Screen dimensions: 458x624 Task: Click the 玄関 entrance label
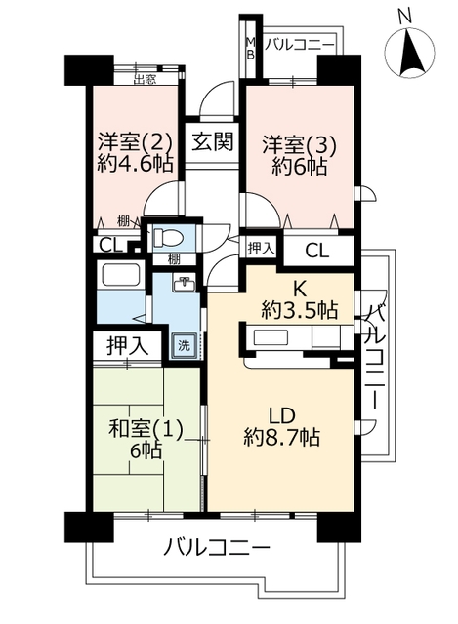pyautogui.click(x=213, y=141)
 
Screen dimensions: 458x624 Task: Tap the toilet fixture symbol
pyautogui.click(x=168, y=238)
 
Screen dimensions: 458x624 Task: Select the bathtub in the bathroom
pyautogui.click(x=121, y=275)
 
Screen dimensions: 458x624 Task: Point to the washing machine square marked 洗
pyautogui.click(x=184, y=346)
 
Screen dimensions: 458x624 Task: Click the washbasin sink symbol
pyautogui.click(x=185, y=284)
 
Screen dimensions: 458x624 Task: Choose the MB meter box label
pyautogui.click(x=250, y=48)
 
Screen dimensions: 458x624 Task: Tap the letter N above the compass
pyautogui.click(x=405, y=17)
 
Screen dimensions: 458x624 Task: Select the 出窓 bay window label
pyautogui.click(x=145, y=80)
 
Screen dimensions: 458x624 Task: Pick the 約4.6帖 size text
pyautogui.click(x=135, y=163)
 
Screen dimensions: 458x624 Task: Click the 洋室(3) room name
pyautogui.click(x=300, y=145)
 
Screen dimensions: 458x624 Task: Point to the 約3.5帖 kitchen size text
pyautogui.click(x=300, y=310)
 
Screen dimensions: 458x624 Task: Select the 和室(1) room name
pyautogui.click(x=146, y=430)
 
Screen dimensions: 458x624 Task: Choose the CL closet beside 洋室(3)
pyautogui.click(x=317, y=252)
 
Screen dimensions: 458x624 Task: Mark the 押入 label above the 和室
pyautogui.click(x=128, y=345)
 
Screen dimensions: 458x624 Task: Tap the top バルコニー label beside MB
pyautogui.click(x=300, y=45)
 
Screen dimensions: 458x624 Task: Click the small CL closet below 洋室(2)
pyautogui.click(x=110, y=245)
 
